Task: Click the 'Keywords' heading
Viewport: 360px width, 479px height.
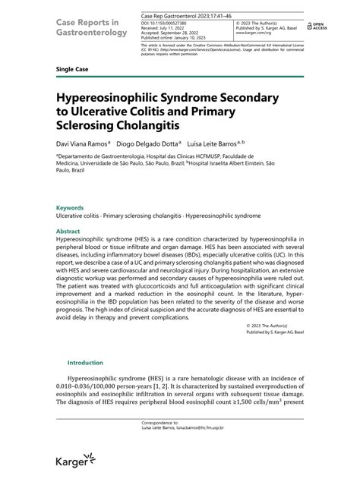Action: (x=70, y=208)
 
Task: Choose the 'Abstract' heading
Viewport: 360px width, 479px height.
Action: (x=68, y=231)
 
